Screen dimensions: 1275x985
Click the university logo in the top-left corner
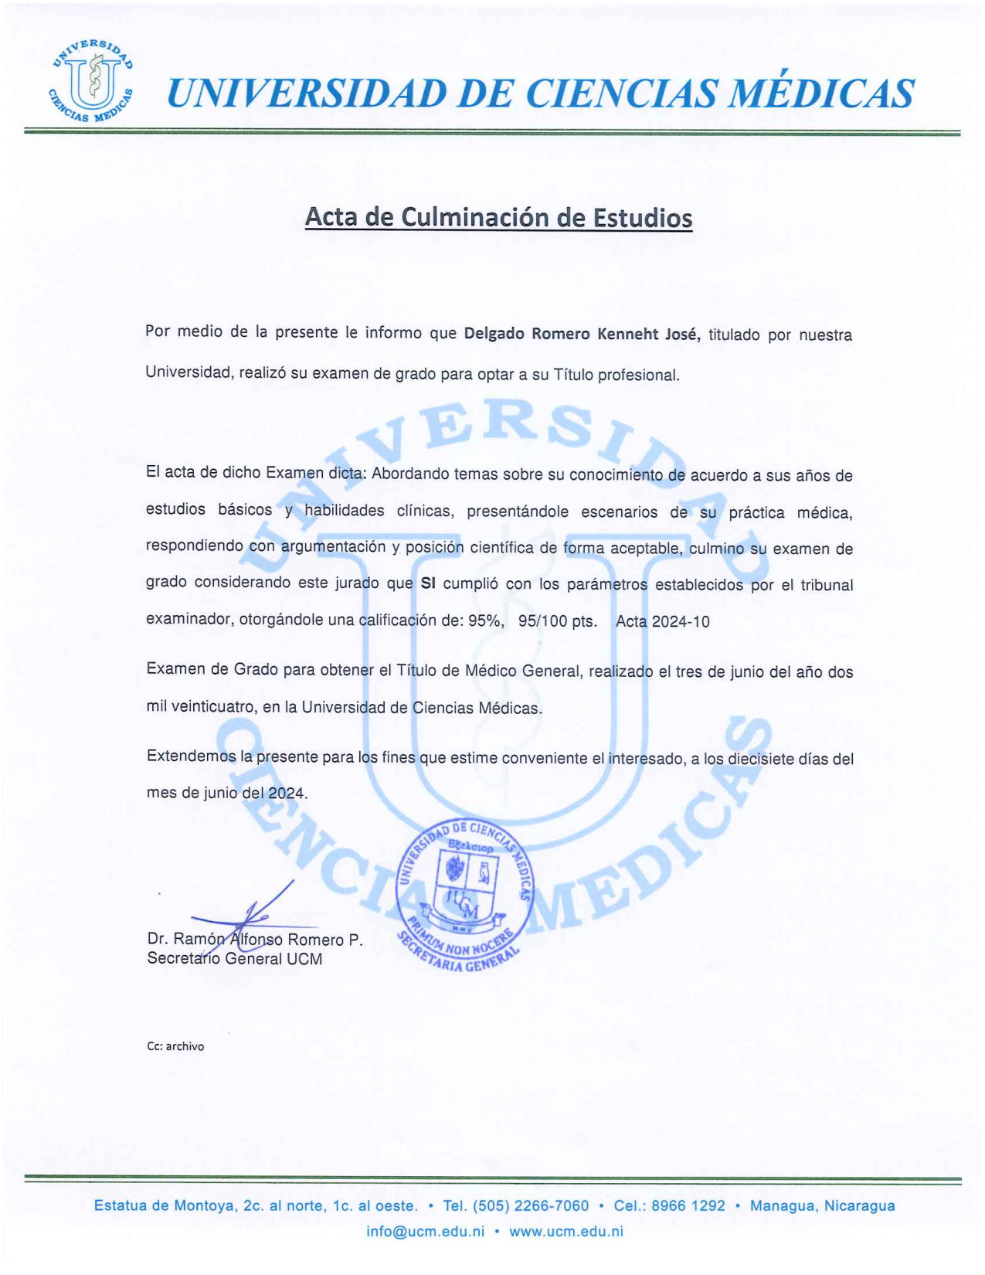tap(91, 80)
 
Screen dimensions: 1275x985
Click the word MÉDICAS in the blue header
tap(822, 93)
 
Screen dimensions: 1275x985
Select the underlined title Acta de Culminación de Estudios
tap(498, 217)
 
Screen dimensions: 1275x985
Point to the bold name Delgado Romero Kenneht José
tap(582, 334)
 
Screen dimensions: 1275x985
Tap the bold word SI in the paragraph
tap(428, 584)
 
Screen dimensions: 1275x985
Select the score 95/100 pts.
tap(557, 621)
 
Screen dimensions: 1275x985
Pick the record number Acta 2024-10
tap(662, 621)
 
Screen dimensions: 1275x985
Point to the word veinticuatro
tap(214, 706)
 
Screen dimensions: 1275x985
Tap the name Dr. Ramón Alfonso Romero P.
tap(255, 940)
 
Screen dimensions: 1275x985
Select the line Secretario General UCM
tap(235, 959)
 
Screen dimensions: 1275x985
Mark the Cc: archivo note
tap(175, 1046)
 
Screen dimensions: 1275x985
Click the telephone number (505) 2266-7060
tap(531, 1205)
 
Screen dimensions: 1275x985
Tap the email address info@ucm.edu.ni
tap(425, 1231)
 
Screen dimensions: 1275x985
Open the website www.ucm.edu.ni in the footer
tap(566, 1231)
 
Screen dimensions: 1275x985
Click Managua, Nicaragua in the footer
tap(822, 1205)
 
